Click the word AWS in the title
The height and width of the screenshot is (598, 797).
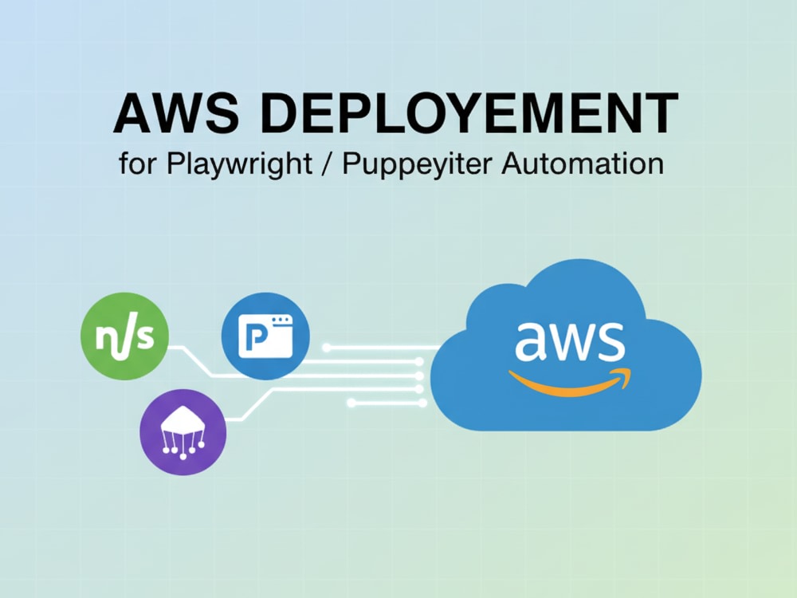176,112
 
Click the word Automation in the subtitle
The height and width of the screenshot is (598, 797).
583,163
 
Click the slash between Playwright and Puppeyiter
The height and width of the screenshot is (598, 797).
327,163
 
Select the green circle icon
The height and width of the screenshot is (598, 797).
124,336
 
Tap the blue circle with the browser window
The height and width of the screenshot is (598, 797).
265,336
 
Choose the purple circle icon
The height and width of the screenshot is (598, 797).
183,432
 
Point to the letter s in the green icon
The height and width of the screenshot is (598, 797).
146,336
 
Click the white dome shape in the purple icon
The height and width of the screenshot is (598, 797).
183,420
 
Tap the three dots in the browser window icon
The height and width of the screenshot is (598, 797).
281,321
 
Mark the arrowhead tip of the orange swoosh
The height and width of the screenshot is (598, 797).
630,370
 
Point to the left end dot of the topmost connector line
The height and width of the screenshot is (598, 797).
327,348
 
